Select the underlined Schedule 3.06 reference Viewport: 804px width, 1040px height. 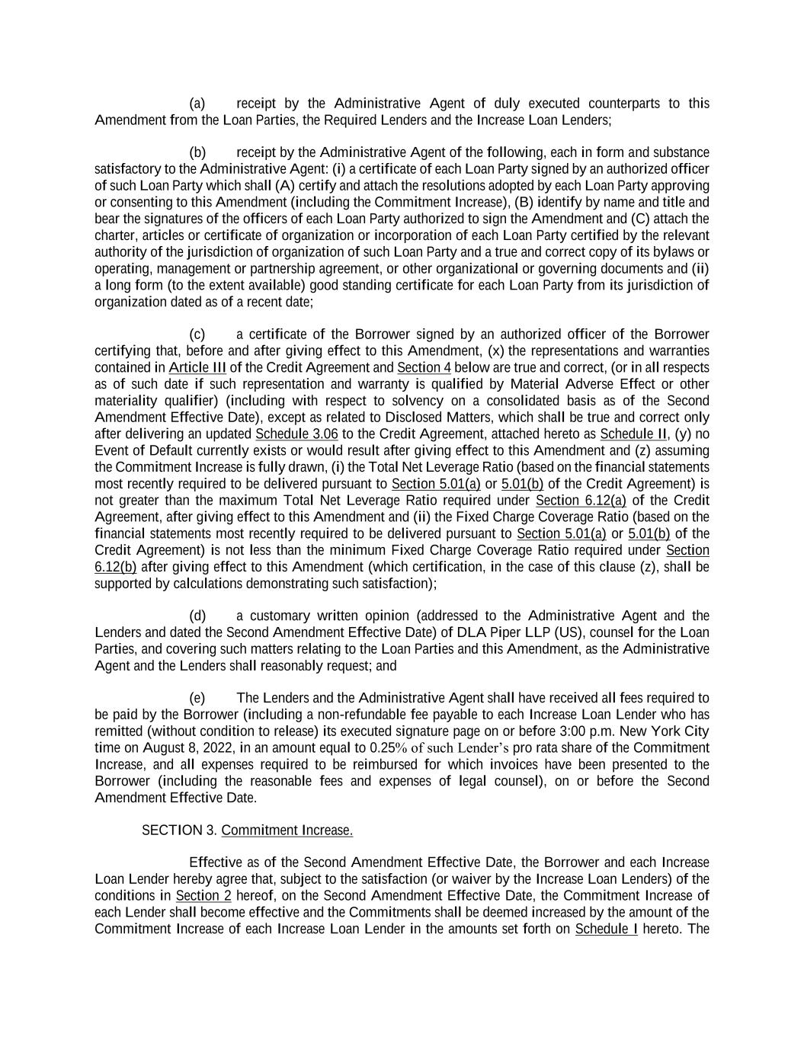(296, 434)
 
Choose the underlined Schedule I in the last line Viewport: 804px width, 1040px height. (606, 929)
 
